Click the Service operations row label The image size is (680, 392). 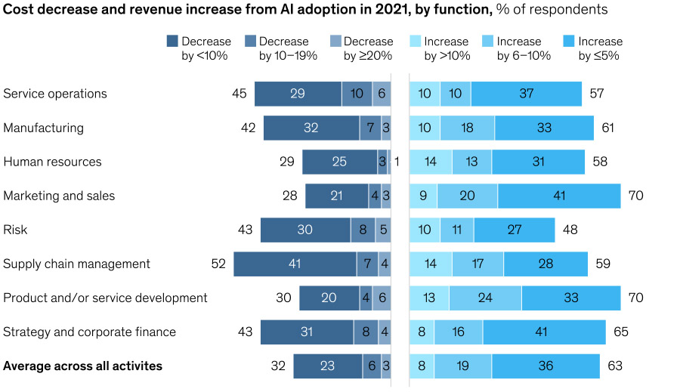[x=55, y=94]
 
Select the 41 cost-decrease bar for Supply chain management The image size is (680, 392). [x=295, y=264]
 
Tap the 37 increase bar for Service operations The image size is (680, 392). [x=526, y=94]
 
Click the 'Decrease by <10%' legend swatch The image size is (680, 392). [x=172, y=42]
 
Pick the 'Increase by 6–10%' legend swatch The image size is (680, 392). [x=487, y=42]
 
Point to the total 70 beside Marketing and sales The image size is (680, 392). [x=635, y=196]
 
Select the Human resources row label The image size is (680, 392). [x=52, y=162]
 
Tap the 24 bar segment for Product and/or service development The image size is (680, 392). [x=485, y=298]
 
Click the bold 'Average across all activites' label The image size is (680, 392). [x=83, y=366]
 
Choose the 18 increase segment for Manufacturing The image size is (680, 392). [x=467, y=128]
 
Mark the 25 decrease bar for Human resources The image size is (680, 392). [x=339, y=162]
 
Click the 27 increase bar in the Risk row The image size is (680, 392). [x=514, y=230]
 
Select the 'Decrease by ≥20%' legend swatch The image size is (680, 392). [x=335, y=42]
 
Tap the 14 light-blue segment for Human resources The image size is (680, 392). [x=431, y=162]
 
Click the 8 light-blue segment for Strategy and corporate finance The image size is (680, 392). [x=422, y=332]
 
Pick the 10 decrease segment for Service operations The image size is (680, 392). [x=357, y=94]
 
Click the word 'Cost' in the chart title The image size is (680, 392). [x=19, y=10]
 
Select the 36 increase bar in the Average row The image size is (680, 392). [x=546, y=366]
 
